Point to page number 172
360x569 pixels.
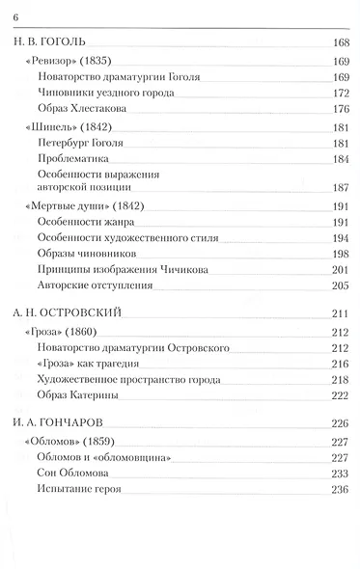(x=339, y=93)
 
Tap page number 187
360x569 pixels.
(x=339, y=187)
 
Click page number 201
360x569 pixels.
(x=339, y=268)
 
